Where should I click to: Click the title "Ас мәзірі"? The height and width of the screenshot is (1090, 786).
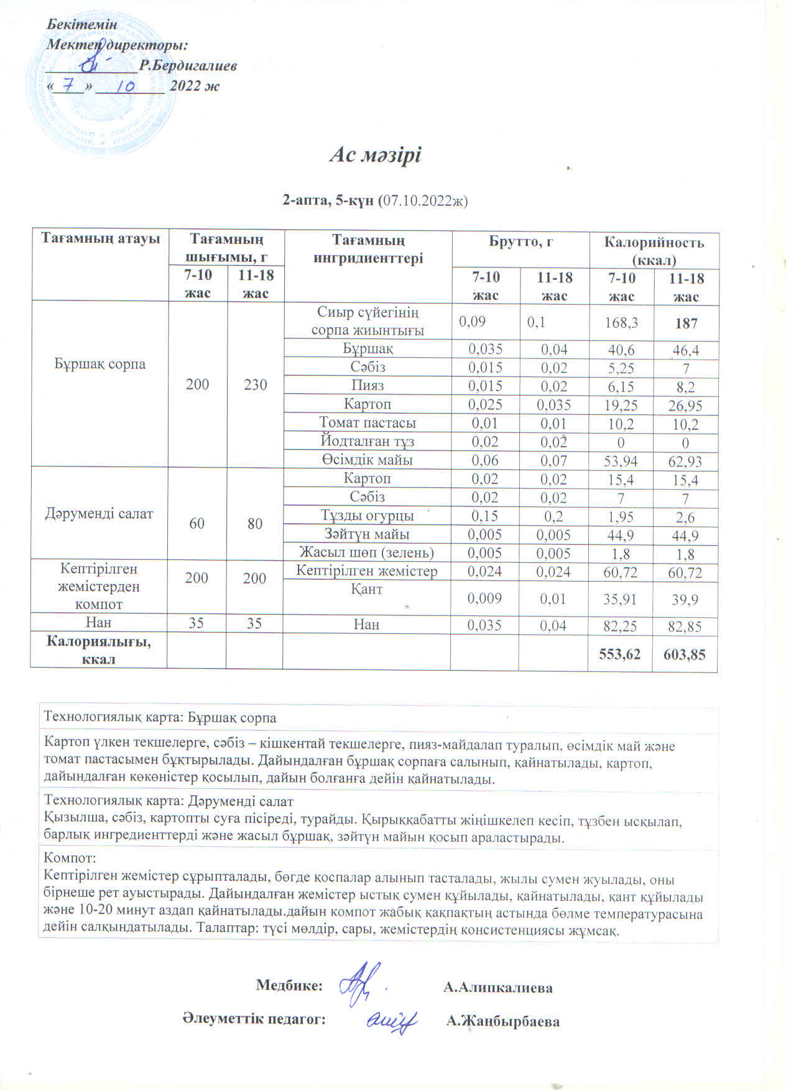pyautogui.click(x=375, y=155)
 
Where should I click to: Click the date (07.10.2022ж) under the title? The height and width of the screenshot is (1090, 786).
pyautogui.click(x=423, y=200)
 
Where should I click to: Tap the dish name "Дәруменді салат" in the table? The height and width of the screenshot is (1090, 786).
pyautogui.click(x=99, y=514)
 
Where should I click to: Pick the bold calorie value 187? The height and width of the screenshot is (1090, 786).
pyautogui.click(x=687, y=323)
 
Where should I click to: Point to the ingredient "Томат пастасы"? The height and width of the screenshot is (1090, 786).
pyautogui.click(x=368, y=423)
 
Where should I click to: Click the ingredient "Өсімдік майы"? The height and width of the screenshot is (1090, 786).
pyautogui.click(x=368, y=460)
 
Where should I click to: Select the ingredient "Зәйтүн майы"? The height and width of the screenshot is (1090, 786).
pyautogui.click(x=367, y=534)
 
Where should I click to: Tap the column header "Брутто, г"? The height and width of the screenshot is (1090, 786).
pyautogui.click(x=520, y=243)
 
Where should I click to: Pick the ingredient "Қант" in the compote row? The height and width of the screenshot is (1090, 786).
pyautogui.click(x=367, y=589)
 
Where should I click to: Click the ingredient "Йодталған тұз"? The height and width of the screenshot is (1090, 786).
pyautogui.click(x=368, y=442)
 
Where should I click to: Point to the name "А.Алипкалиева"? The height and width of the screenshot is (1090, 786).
pyautogui.click(x=498, y=988)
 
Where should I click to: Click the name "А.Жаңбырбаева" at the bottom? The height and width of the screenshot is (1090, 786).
pyautogui.click(x=502, y=1022)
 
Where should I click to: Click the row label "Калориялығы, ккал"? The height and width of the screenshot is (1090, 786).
pyautogui.click(x=99, y=650)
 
